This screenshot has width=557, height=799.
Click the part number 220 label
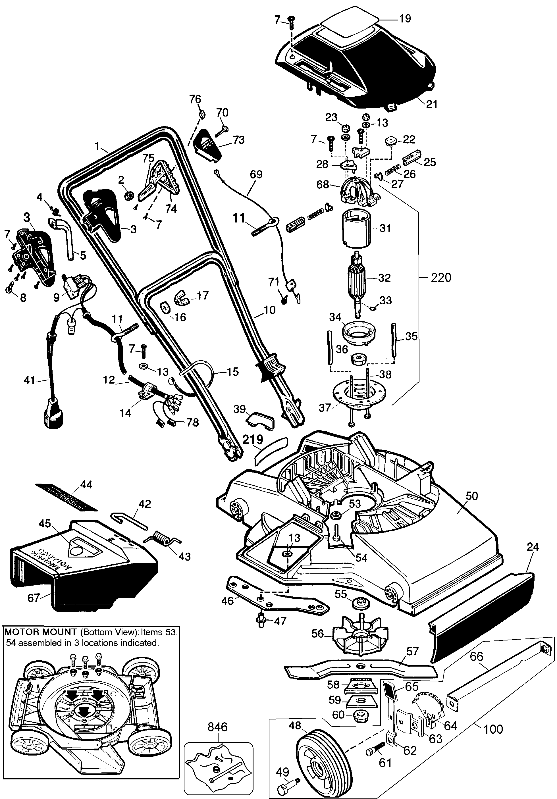coord(441,278)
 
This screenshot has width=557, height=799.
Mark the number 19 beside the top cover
coord(404,18)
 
